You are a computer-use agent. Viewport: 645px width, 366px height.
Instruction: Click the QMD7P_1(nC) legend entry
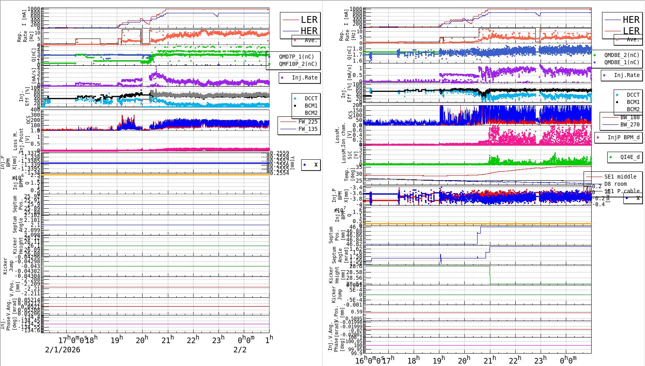coord(296,57)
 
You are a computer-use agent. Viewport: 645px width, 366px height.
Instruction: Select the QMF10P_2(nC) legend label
coord(298,64)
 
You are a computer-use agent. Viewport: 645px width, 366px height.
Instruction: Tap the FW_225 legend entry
coord(308,122)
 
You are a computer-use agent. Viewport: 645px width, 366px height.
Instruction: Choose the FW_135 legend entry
coord(308,129)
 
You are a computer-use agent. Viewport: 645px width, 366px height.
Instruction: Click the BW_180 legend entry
coord(630,117)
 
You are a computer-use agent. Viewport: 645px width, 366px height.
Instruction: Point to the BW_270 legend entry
coord(630,124)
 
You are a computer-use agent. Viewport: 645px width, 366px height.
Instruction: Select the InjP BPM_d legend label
coord(623,137)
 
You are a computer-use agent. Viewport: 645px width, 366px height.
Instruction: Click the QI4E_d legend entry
coord(630,157)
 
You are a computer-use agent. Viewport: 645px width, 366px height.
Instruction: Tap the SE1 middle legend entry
coord(620,177)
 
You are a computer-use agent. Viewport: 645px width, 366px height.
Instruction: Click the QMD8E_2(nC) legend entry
coord(622,55)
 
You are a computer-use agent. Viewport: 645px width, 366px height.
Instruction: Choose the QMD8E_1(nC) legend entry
coord(622,62)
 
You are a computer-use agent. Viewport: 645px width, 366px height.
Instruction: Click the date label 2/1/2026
coord(63,350)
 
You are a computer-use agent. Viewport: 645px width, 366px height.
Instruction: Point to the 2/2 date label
coord(240,350)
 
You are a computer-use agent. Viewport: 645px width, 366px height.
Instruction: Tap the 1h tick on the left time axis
coord(269,340)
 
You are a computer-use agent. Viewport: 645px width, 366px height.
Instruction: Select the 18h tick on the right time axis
coord(414,360)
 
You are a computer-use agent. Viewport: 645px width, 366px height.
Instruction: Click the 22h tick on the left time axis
coord(193,340)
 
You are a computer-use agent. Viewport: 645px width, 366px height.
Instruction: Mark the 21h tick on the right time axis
coord(489,360)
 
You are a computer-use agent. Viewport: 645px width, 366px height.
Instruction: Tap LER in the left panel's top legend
coord(309,20)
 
